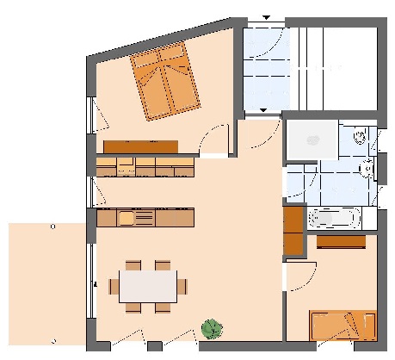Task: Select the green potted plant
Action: [211, 328]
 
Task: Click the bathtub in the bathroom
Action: [334, 219]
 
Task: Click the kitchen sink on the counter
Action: [126, 219]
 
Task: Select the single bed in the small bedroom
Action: [343, 326]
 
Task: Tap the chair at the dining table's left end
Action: [111, 284]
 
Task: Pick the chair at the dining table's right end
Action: [182, 285]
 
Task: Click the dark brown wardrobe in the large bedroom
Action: [140, 146]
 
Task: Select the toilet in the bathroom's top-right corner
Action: [361, 136]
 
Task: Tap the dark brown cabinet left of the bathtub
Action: [293, 229]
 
